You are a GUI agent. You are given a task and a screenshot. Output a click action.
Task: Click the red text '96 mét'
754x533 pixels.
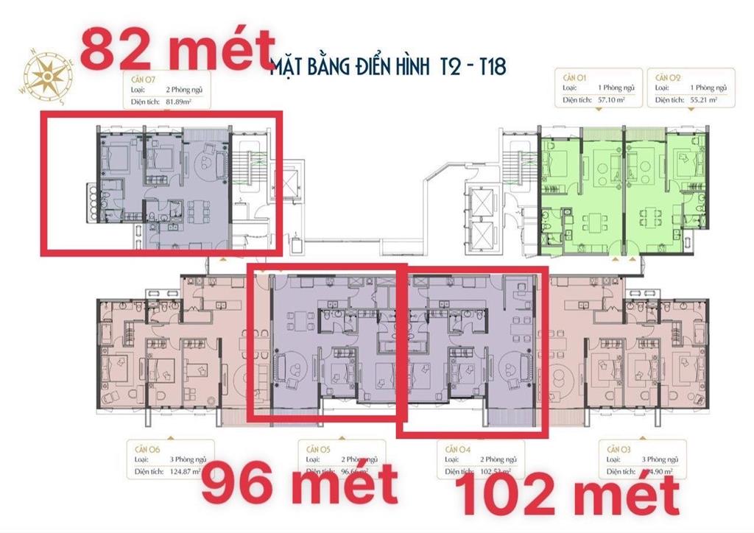299,487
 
